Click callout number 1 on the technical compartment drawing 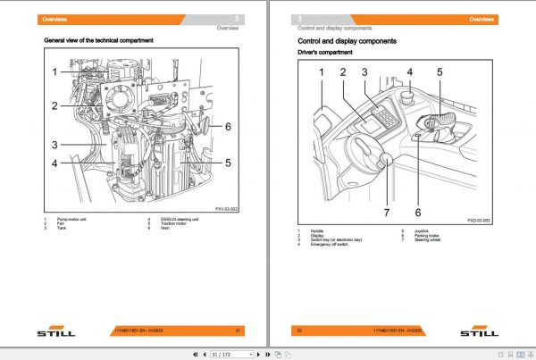click(54, 72)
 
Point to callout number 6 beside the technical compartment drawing click(228, 127)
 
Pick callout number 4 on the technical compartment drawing click(54, 163)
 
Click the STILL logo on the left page click(55, 333)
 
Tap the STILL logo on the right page click(479, 333)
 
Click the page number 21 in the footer click(238, 330)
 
